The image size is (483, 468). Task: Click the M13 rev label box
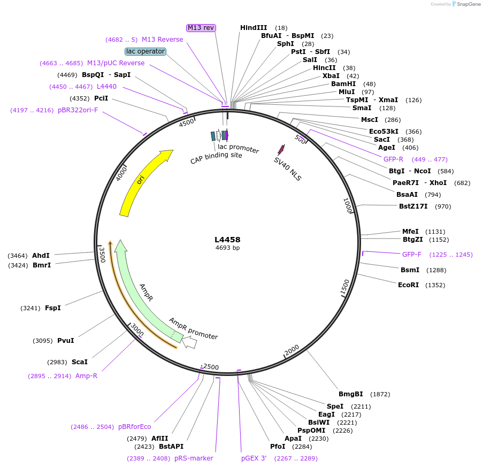coord(201,28)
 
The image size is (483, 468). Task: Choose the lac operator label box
coord(145,51)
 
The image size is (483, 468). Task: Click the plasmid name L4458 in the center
coord(227,240)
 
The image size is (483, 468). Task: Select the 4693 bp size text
coord(227,248)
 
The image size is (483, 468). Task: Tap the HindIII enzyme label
coord(254,27)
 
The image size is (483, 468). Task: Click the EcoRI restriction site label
coord(409,285)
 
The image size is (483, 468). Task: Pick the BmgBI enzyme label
coord(351,394)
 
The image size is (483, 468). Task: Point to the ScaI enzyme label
coord(79,362)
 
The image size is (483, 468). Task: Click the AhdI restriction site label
coord(41,256)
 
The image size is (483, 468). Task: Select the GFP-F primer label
coord(412,255)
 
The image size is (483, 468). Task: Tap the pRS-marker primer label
coord(194,458)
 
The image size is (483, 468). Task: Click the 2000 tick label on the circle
coord(292,350)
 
